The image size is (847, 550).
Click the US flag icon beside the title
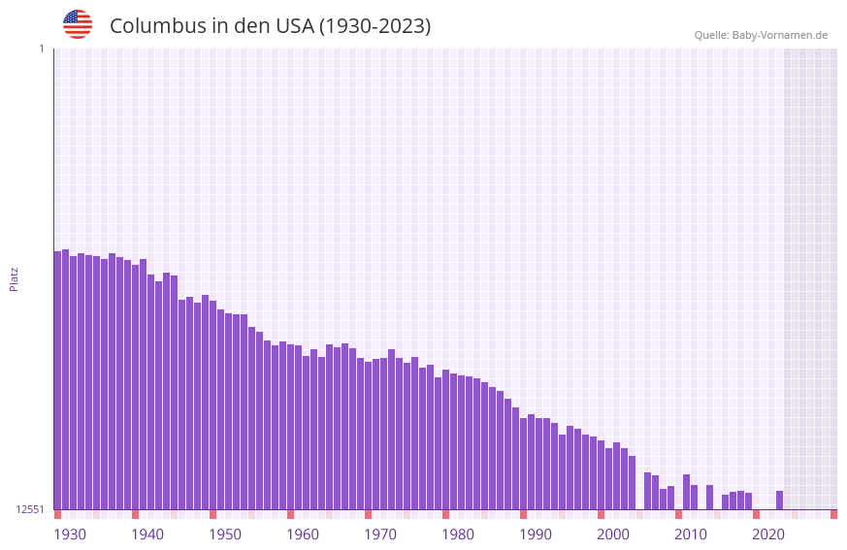(x=78, y=24)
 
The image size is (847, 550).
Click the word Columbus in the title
(x=156, y=26)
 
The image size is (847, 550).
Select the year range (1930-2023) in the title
(x=375, y=26)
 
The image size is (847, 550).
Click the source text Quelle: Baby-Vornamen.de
(x=761, y=35)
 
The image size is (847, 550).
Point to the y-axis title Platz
(x=14, y=278)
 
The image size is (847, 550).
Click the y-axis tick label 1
(x=41, y=49)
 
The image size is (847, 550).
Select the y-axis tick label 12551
(x=30, y=509)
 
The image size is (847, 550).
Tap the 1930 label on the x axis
(x=70, y=534)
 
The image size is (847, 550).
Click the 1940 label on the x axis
(x=147, y=534)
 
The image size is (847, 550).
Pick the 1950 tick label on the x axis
(x=225, y=534)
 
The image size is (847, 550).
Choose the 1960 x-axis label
(x=303, y=534)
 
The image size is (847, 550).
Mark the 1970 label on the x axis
(x=380, y=534)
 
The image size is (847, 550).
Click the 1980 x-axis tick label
(x=458, y=534)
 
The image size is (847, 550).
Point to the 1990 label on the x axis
(x=536, y=534)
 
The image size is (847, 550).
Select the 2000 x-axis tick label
(x=613, y=534)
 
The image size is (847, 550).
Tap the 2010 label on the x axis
(x=691, y=534)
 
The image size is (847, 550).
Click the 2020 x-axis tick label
(x=768, y=534)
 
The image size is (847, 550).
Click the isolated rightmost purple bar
(x=779, y=500)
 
